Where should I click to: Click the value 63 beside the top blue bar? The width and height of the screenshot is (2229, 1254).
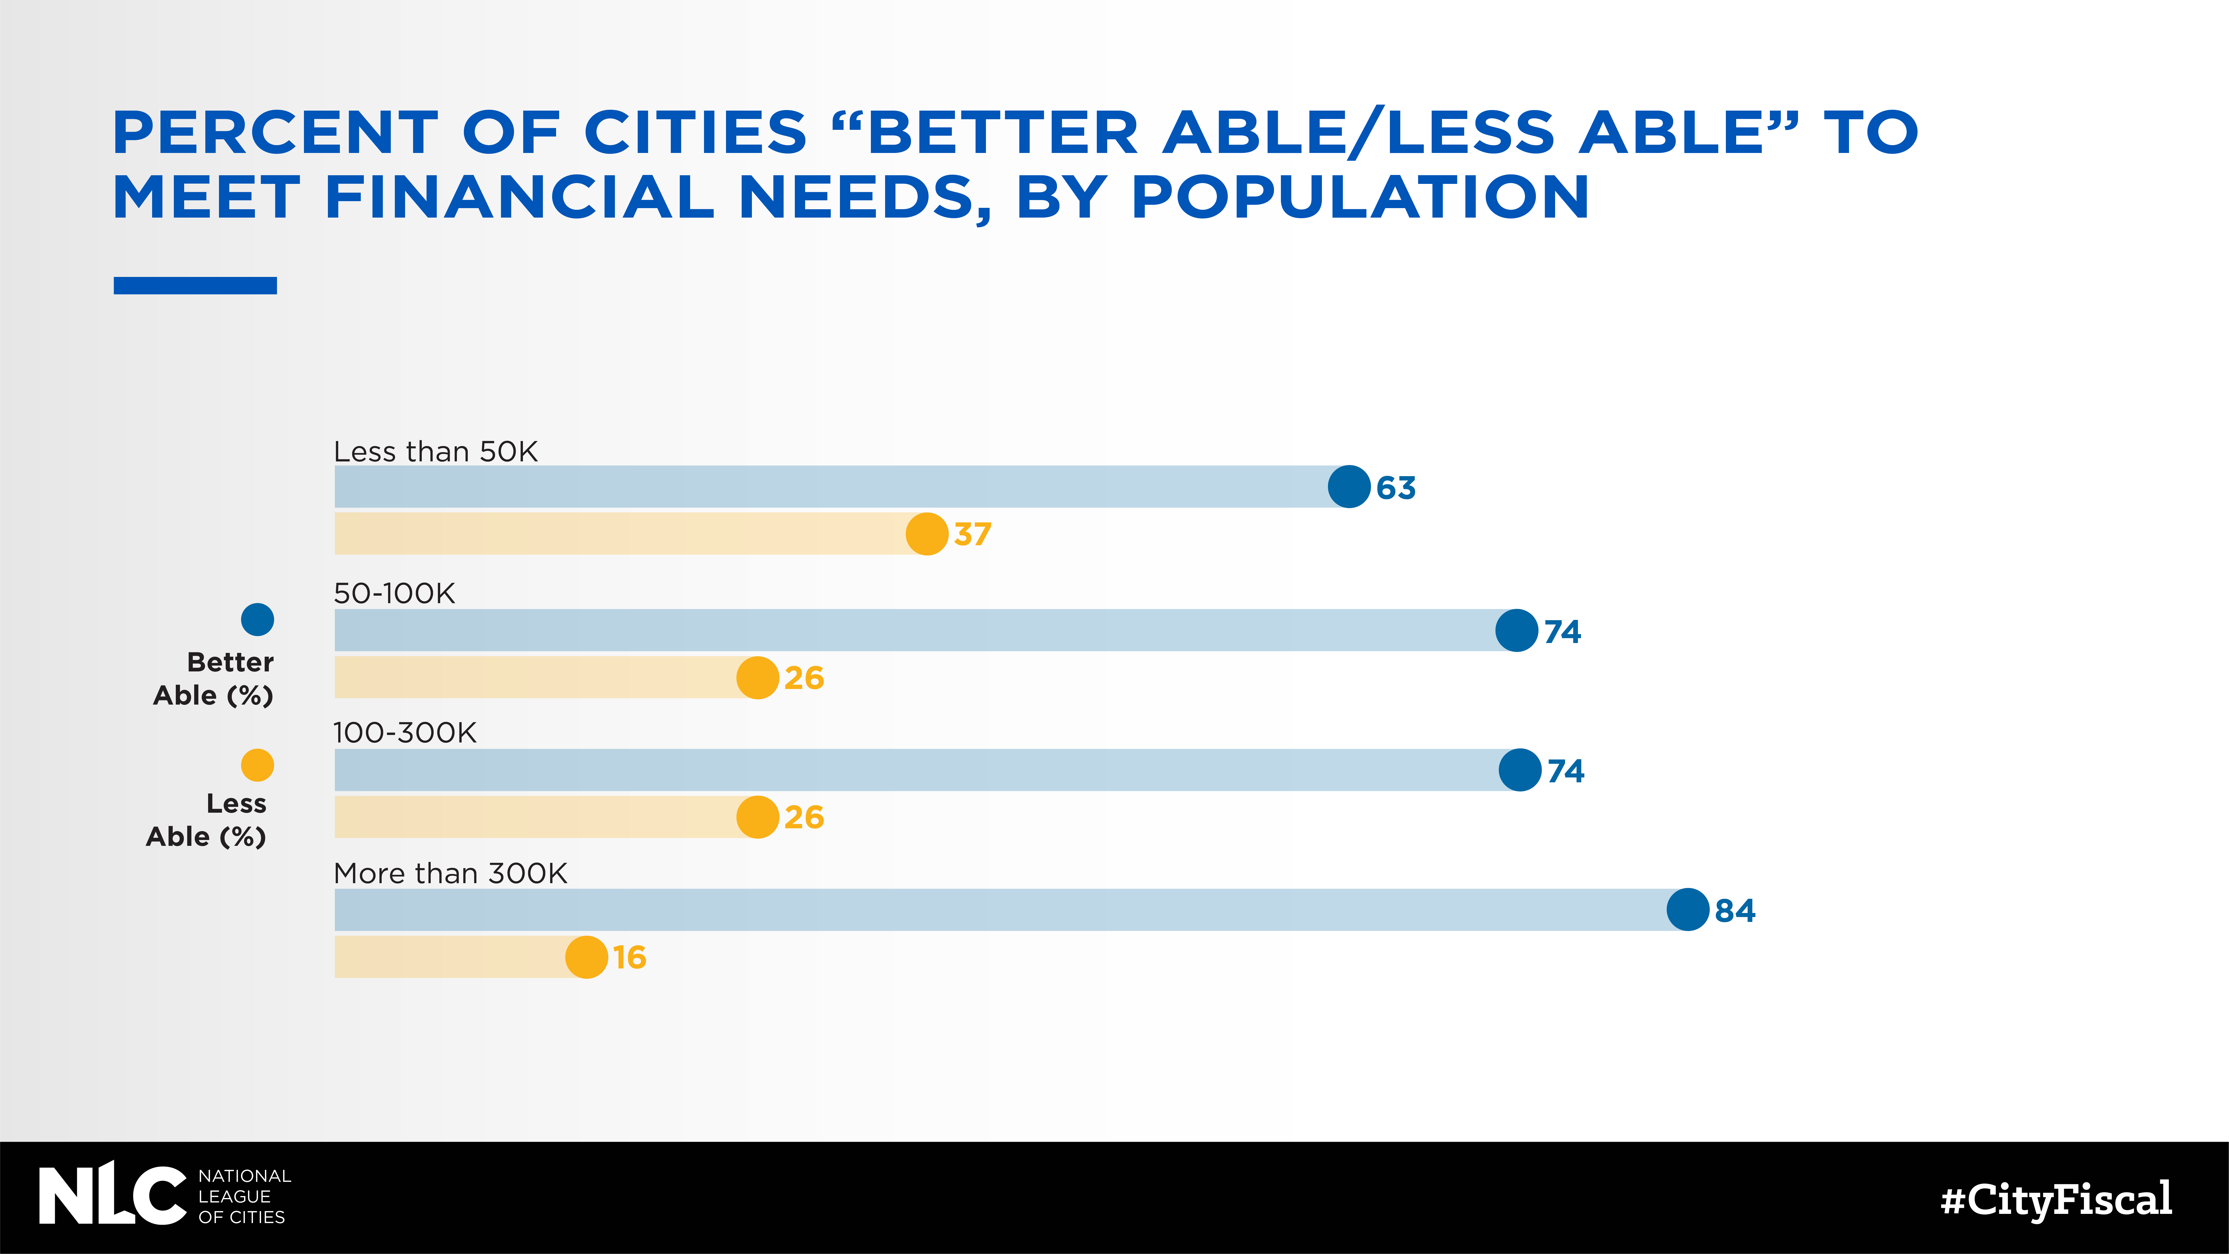click(1396, 488)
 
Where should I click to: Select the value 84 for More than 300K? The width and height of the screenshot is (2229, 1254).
click(1735, 910)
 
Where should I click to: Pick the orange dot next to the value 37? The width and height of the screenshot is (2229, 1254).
click(927, 534)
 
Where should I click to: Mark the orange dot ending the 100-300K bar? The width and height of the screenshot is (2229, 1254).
click(757, 817)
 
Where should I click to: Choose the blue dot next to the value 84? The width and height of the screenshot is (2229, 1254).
click(1687, 910)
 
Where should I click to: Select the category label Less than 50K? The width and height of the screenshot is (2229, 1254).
click(435, 452)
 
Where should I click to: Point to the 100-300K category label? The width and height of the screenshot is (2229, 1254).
click(404, 733)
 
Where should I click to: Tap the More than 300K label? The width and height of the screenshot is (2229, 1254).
click(450, 873)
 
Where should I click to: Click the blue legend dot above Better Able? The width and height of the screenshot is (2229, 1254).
click(257, 620)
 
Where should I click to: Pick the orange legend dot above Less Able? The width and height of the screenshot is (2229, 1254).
click(257, 765)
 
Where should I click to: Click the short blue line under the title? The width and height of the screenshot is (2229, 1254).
click(195, 286)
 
